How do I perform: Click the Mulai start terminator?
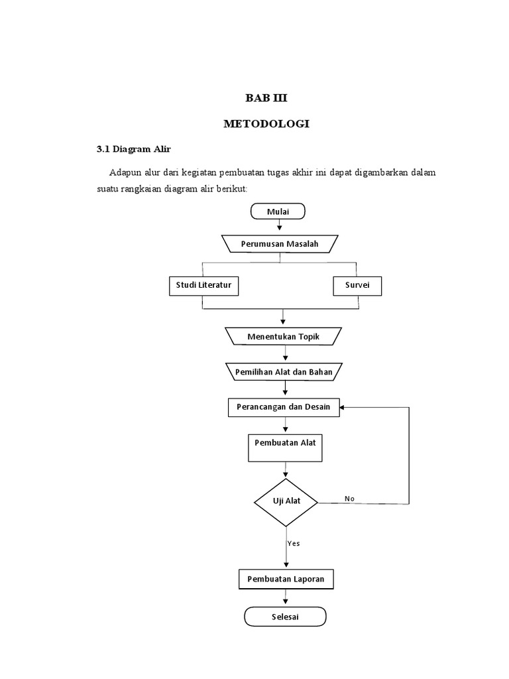278,211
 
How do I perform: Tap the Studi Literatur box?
203,285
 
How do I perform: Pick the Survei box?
357,285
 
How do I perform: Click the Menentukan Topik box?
284,336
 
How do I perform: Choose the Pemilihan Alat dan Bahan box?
284,372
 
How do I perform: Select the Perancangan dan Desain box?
284,407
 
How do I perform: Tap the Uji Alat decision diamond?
286,501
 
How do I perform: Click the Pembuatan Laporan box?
286,580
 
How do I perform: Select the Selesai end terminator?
285,617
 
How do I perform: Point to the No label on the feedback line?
349,498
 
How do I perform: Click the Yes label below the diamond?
294,543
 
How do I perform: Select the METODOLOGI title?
266,124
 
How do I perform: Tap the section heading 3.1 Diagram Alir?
133,149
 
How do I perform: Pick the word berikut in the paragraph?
230,189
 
